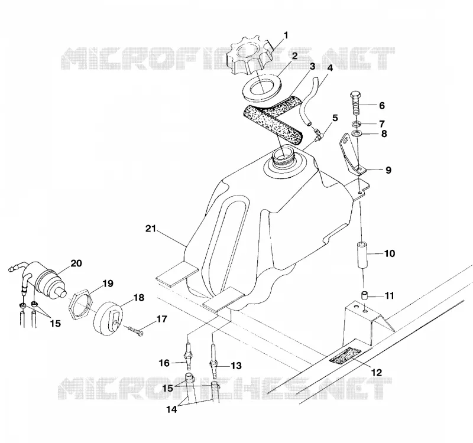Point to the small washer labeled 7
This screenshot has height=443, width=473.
356,123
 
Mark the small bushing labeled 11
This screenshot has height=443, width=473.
365,295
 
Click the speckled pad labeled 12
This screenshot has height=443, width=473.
345,356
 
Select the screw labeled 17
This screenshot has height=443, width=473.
135,331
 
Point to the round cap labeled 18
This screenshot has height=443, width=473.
108,319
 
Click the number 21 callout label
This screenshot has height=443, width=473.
151,229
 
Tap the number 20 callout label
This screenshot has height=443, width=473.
76,263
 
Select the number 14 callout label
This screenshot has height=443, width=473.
171,409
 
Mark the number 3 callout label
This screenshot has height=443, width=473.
312,66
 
